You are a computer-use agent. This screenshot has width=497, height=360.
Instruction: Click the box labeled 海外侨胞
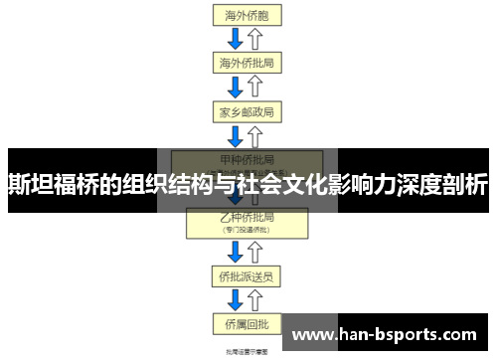pyautogui.click(x=246, y=14)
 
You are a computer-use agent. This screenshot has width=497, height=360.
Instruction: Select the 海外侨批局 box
pyautogui.click(x=247, y=63)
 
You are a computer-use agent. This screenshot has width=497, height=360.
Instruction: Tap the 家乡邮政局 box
pyautogui.click(x=247, y=110)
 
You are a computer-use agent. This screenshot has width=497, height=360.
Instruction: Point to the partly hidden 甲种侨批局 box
pyautogui.click(x=247, y=159)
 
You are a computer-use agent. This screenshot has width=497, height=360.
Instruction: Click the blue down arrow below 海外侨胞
pyautogui.click(x=237, y=38)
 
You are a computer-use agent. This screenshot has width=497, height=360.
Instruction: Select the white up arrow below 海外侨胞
pyautogui.click(x=255, y=38)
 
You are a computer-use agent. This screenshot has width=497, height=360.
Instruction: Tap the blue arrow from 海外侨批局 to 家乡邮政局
pyautogui.click(x=237, y=87)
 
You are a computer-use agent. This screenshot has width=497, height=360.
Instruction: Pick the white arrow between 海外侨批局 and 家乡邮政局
pyautogui.click(x=255, y=87)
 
